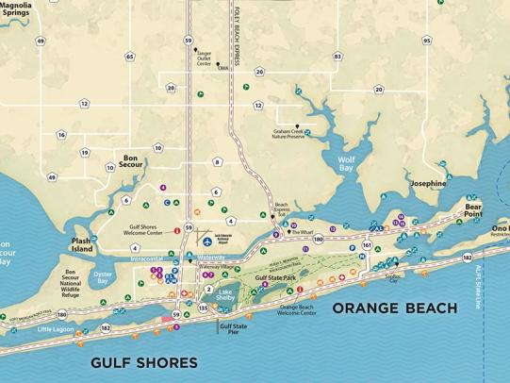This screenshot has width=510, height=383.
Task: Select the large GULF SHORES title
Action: click(144, 362)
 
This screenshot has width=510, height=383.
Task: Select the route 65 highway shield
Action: click(129, 57)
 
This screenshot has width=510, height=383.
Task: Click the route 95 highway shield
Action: click(427, 41)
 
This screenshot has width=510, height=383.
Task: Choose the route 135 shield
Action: click(204, 308)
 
